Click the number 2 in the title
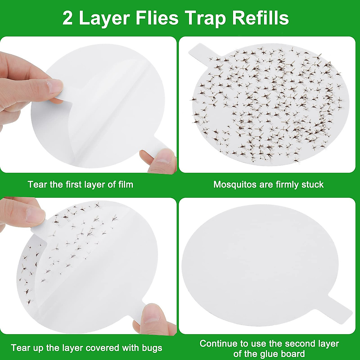click(x=68, y=19)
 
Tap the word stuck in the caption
click(x=313, y=184)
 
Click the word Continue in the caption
click(x=219, y=343)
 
